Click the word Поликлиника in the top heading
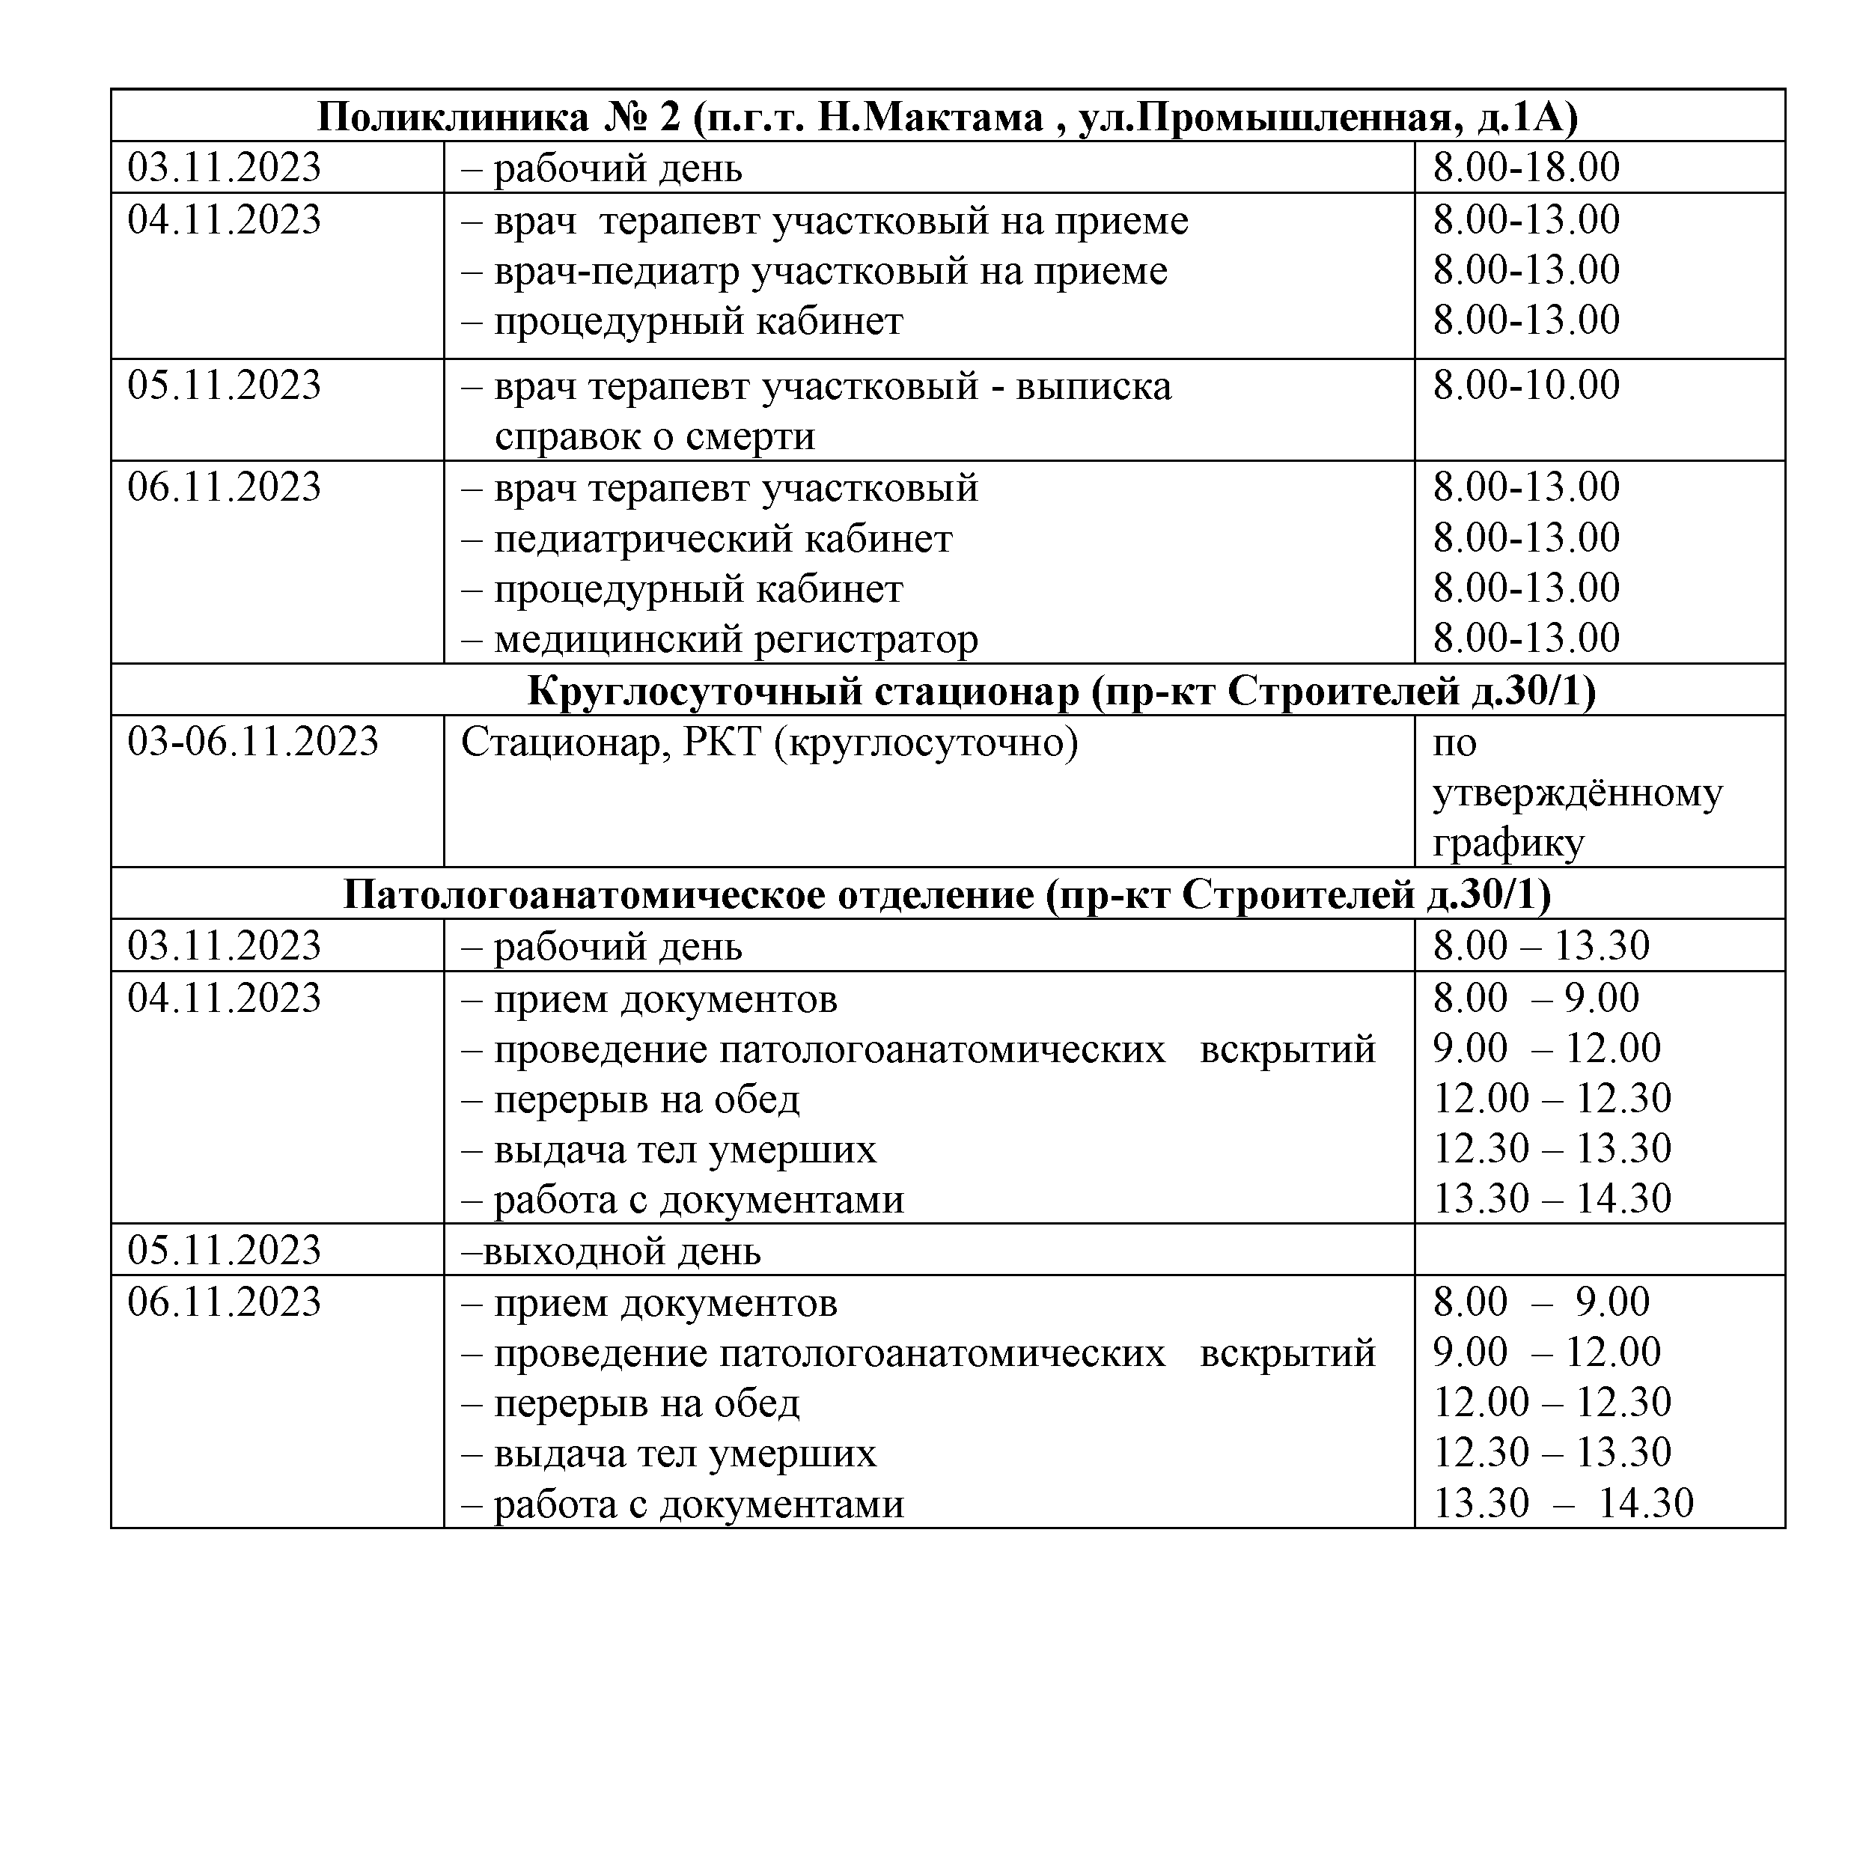[x=453, y=118]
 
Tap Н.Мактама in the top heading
[x=930, y=118]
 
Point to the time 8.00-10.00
[x=1526, y=385]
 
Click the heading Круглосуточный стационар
[x=804, y=691]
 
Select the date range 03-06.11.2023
[x=253, y=742]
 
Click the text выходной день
[x=621, y=1251]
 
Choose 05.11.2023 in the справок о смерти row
[x=224, y=385]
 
